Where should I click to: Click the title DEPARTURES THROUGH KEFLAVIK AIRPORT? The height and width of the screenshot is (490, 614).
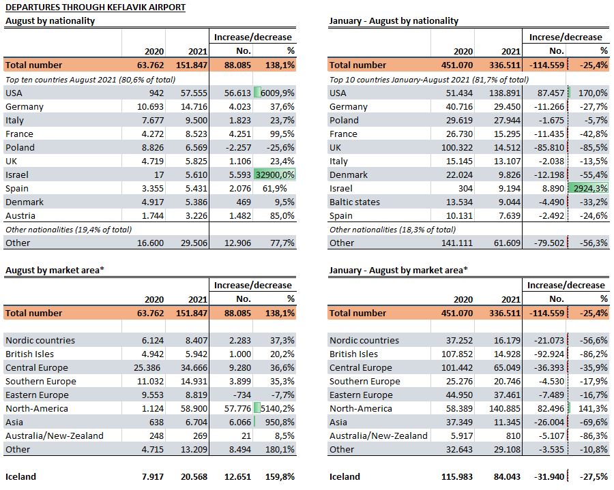(96, 7)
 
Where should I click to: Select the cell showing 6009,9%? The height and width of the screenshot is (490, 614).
(277, 93)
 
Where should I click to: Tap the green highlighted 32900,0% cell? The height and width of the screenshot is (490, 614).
(275, 174)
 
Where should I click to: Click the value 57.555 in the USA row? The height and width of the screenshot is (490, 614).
(194, 93)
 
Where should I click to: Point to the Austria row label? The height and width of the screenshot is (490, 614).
(20, 216)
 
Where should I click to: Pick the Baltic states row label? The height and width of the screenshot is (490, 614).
(354, 202)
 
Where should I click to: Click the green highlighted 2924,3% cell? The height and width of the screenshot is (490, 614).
(591, 189)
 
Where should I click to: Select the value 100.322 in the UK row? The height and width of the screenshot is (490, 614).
(456, 148)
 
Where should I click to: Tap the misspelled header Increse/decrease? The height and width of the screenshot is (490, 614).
(566, 37)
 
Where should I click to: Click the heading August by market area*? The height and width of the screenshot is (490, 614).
(55, 271)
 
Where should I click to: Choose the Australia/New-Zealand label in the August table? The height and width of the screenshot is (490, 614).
(55, 435)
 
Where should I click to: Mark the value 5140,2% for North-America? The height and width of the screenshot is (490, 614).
(277, 409)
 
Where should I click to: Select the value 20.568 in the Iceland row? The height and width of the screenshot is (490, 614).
(194, 476)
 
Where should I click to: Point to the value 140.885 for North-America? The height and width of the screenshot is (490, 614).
(505, 409)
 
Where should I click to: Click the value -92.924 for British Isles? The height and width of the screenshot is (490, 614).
(549, 354)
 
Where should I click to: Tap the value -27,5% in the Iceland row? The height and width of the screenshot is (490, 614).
(594, 476)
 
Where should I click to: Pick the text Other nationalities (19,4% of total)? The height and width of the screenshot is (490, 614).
(68, 230)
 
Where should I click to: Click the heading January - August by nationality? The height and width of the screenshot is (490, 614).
(394, 20)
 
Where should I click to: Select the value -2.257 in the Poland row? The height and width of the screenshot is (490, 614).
(237, 148)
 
